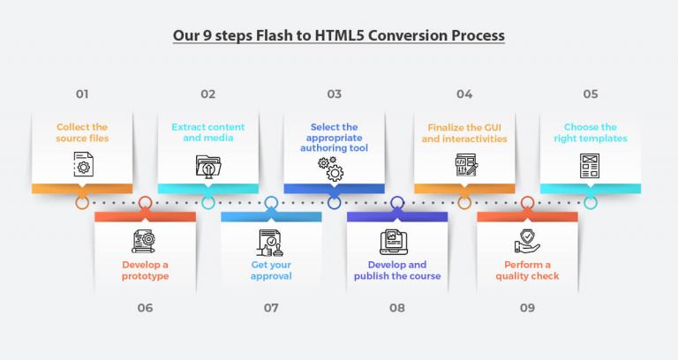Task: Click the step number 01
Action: [x=82, y=94]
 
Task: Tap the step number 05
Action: [x=590, y=94]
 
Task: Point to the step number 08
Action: [x=397, y=308]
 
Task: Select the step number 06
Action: [x=145, y=308]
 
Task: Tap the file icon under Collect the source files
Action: [x=82, y=164]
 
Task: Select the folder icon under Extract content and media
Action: [x=208, y=165]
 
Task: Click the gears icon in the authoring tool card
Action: [x=334, y=169]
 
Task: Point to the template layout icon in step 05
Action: [x=590, y=165]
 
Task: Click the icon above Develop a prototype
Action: [x=145, y=241]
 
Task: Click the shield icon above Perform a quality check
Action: [x=527, y=241]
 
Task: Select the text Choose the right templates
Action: [x=590, y=133]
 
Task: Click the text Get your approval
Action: [x=271, y=270]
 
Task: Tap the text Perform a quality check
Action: [x=527, y=270]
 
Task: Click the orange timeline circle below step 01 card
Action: [x=82, y=202]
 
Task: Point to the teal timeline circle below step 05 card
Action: [x=590, y=202]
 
